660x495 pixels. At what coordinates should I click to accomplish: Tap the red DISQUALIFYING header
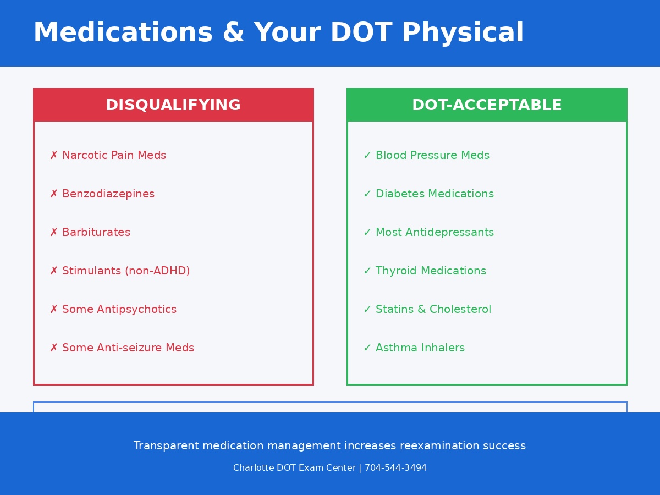click(x=173, y=105)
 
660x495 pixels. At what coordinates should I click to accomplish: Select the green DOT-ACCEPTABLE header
click(x=487, y=105)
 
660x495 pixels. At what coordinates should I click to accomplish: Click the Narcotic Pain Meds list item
click(x=114, y=156)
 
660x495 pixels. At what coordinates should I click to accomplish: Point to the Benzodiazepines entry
click(x=108, y=194)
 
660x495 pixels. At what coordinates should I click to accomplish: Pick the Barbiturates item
click(x=96, y=233)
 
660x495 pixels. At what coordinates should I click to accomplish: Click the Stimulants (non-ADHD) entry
click(x=126, y=271)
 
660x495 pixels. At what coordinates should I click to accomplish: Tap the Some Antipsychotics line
click(x=119, y=310)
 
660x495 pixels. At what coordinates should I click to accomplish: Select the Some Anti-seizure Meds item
click(x=128, y=348)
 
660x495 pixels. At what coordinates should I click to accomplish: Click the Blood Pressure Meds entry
click(x=432, y=156)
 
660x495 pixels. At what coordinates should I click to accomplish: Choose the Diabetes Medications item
click(x=435, y=194)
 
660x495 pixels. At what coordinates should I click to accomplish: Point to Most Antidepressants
click(x=435, y=233)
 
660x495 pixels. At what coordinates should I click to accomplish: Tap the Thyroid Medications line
click(x=431, y=271)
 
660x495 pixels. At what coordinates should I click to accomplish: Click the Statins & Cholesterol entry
click(x=433, y=310)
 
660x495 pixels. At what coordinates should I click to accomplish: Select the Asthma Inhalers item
click(x=420, y=348)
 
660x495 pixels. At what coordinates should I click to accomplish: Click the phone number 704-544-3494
click(x=395, y=468)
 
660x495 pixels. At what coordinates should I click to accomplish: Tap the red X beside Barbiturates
click(x=54, y=233)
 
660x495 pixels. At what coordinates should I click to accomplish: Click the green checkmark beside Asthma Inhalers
click(x=367, y=348)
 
